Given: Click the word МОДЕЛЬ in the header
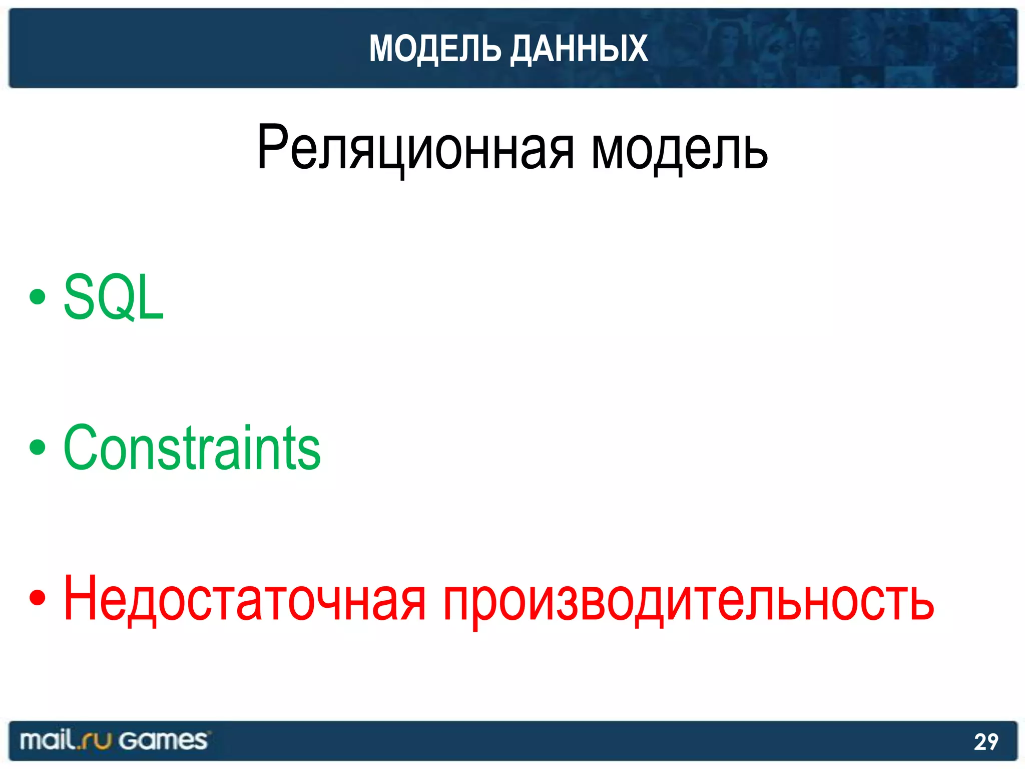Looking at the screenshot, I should pyautogui.click(x=434, y=49).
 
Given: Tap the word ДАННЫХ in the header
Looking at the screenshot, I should pyautogui.click(x=579, y=49).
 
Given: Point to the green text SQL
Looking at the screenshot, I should pyautogui.click(x=114, y=297).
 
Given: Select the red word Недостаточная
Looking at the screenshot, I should pyautogui.click(x=245, y=598).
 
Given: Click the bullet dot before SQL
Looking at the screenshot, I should pyautogui.click(x=38, y=297).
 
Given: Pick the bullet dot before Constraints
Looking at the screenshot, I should pyautogui.click(x=38, y=447).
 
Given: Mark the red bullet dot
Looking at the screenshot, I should pyautogui.click(x=38, y=597).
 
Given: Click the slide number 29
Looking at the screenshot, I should pyautogui.click(x=985, y=742).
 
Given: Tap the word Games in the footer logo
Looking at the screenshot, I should pyautogui.click(x=163, y=740).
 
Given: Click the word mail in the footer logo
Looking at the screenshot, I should pyautogui.click(x=48, y=740).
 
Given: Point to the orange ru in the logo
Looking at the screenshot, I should pyautogui.click(x=96, y=741).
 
